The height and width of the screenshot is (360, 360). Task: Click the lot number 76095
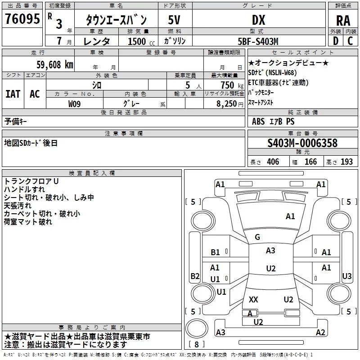[22, 18]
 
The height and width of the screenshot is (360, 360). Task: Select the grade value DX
[258, 20]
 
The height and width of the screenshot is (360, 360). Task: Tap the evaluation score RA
[343, 21]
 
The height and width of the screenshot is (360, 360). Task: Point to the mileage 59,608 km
[55, 65]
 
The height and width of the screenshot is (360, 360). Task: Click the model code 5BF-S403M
[258, 41]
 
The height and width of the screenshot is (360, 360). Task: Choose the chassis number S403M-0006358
[302, 143]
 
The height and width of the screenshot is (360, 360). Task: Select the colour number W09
[74, 104]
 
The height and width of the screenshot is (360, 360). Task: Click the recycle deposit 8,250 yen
[230, 104]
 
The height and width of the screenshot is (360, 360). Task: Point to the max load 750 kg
[232, 85]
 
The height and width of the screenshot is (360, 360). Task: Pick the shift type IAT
[13, 94]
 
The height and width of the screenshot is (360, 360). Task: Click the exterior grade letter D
[336, 41]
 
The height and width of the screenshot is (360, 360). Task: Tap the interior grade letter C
[350, 41]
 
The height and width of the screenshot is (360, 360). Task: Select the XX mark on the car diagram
[253, 300]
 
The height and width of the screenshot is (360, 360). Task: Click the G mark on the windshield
[257, 237]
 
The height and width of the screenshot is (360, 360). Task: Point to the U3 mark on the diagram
[346, 276]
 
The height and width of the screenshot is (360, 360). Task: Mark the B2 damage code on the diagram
[195, 276]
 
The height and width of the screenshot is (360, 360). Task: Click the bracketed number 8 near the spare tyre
[197, 344]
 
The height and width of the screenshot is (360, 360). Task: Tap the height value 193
[346, 162]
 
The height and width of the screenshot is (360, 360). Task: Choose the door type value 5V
[174, 20]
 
